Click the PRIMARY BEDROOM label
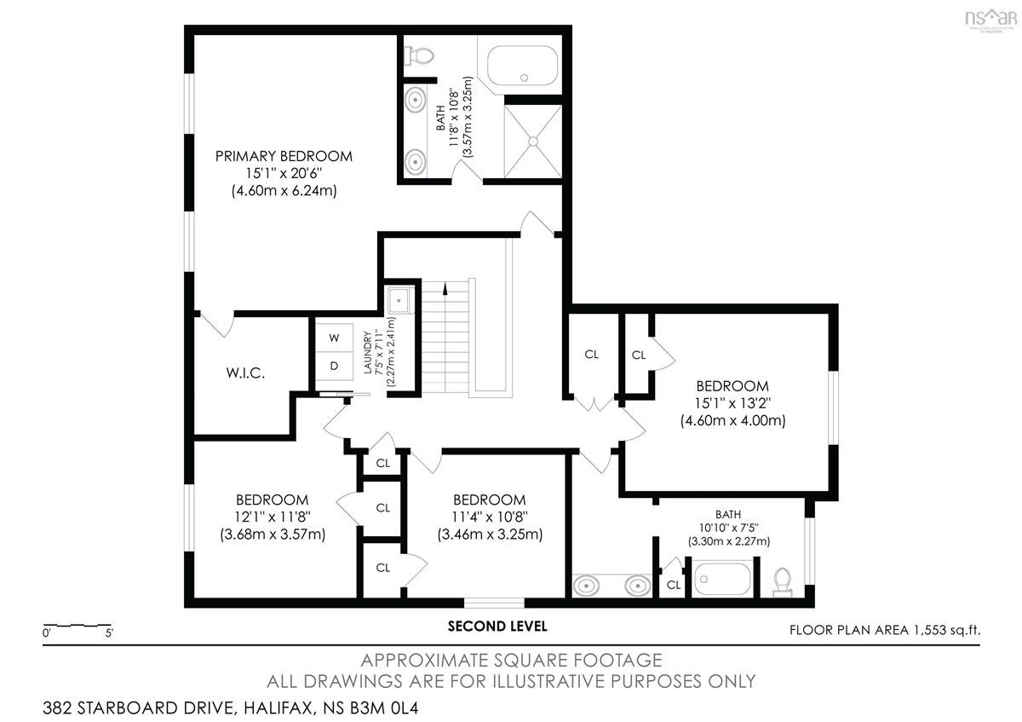(x=284, y=156)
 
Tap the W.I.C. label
(x=245, y=373)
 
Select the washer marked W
(x=334, y=338)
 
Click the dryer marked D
(x=334, y=366)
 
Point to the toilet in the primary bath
(x=418, y=55)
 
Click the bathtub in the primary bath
(x=522, y=66)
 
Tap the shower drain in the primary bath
(x=533, y=142)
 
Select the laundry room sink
(x=399, y=301)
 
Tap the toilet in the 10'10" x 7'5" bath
(x=783, y=582)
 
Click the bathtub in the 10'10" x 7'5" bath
(x=722, y=579)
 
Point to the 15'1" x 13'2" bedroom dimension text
(x=732, y=403)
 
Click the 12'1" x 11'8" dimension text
(x=273, y=517)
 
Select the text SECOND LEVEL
(x=497, y=626)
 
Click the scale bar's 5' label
(x=109, y=633)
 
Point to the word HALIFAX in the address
(x=279, y=708)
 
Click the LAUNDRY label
(x=367, y=353)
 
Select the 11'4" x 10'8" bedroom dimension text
(x=490, y=517)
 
